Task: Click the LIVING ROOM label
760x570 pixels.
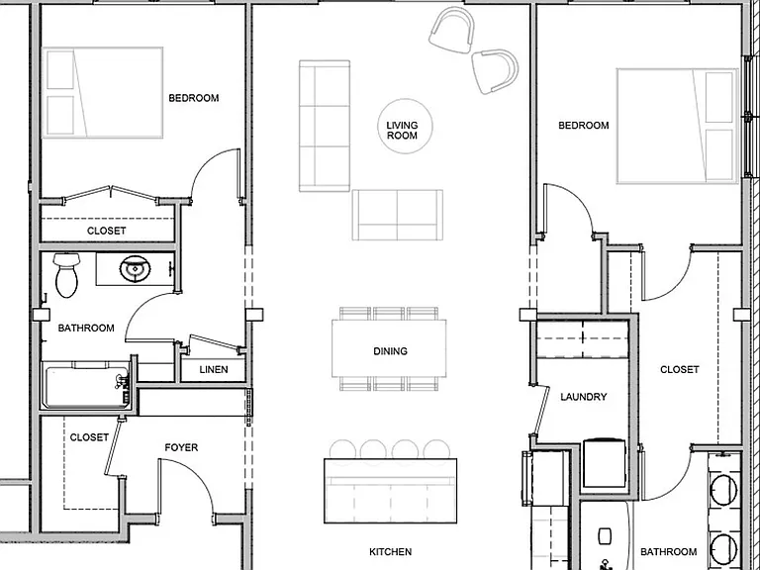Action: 402,131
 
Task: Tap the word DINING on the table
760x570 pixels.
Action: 390,351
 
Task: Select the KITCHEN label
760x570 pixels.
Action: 390,551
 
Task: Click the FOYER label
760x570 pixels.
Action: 181,447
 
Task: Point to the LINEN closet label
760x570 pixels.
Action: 214,369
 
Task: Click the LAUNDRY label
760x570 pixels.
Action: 584,397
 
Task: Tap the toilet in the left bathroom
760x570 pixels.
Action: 66,275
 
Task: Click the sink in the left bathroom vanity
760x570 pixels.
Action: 135,269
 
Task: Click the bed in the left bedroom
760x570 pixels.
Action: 102,93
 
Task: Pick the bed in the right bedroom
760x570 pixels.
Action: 677,126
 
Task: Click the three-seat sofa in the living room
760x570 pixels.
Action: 325,126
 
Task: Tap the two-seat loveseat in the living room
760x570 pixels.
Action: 398,215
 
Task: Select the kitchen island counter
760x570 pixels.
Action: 390,491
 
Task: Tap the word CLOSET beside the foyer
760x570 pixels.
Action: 89,437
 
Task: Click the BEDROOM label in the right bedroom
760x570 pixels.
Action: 584,125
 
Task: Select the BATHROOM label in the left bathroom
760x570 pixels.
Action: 86,328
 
